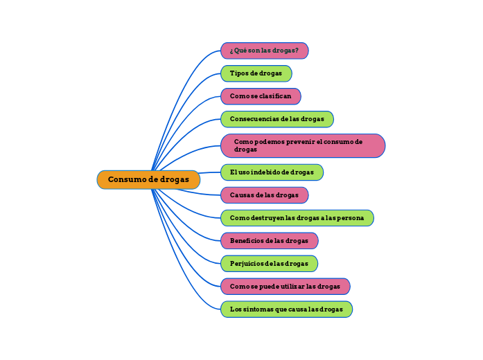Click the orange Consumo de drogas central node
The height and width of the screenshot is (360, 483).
coord(148,180)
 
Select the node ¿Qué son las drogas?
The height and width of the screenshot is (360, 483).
coord(264,51)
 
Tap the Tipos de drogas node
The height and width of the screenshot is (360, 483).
coord(256,73)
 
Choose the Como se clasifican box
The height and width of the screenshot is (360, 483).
coord(261,96)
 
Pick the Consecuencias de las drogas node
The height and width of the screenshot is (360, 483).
coord(276,119)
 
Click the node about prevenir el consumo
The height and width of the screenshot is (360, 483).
coord(302,145)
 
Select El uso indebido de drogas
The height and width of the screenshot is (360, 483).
coord(272,172)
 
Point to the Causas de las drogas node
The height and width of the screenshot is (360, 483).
coord(264,195)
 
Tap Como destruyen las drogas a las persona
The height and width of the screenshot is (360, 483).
coord(297,218)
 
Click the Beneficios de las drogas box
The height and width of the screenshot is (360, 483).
coord(269,241)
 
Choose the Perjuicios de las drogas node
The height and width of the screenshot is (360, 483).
coord(269,264)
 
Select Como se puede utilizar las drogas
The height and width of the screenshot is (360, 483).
coord(285,287)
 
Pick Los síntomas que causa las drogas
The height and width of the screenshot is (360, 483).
coord(286,309)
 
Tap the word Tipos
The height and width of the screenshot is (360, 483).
coord(238,73)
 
